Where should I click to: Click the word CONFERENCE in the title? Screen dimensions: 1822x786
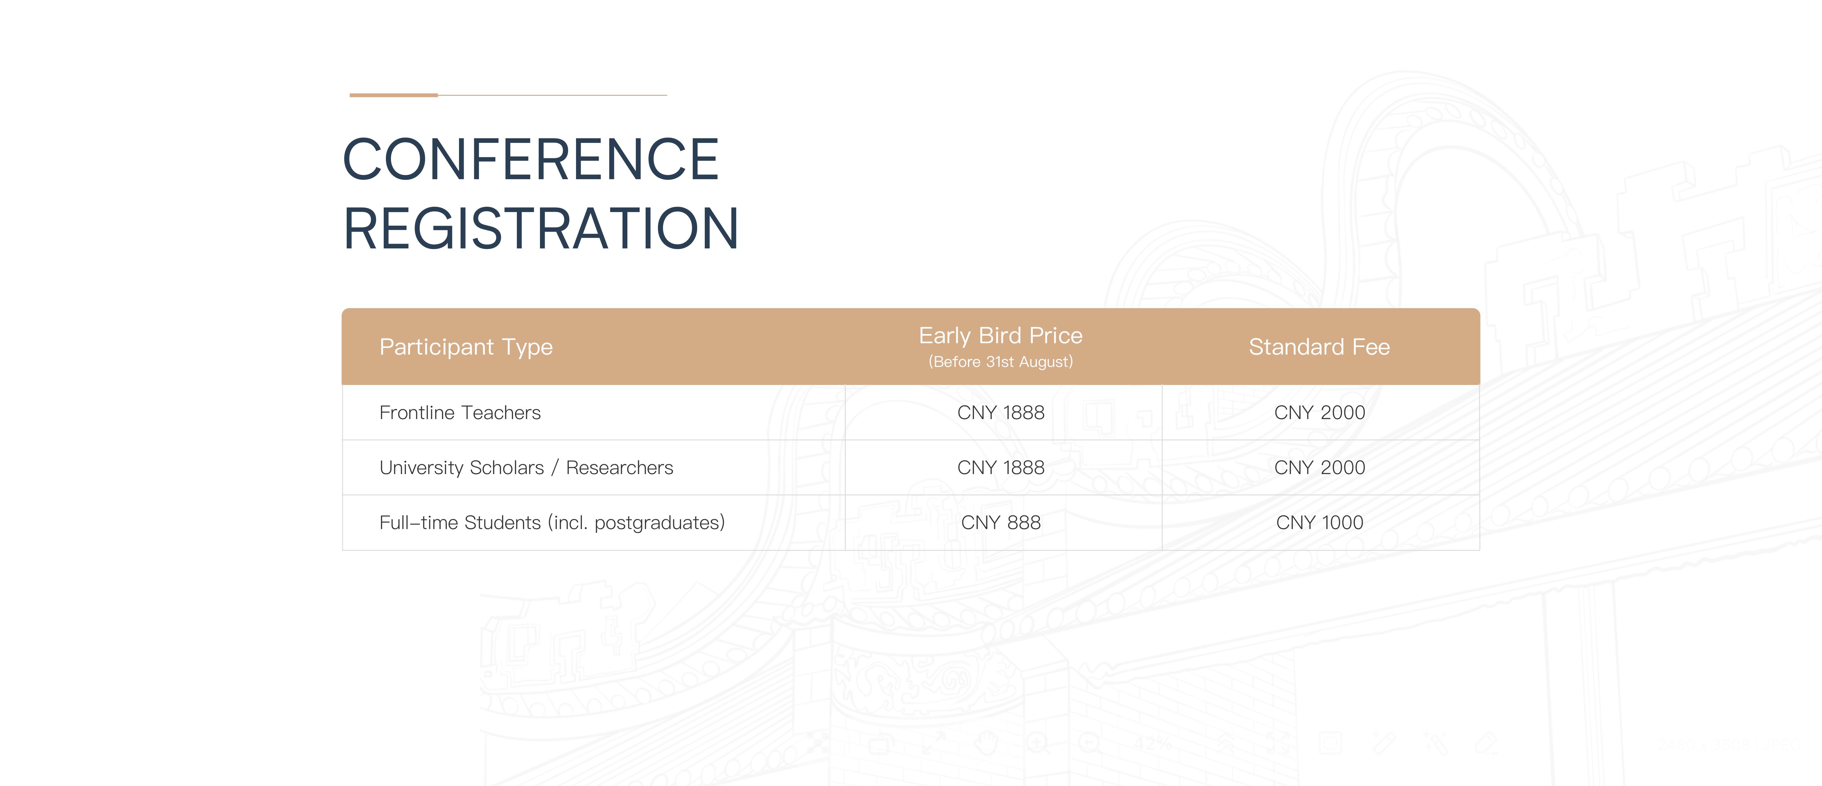[x=531, y=160]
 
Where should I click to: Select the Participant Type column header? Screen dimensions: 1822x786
[x=466, y=347]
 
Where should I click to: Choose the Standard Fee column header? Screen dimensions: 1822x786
[x=1319, y=347]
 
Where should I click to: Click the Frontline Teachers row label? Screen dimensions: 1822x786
[x=460, y=413]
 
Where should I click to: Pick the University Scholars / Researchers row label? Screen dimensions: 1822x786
[x=526, y=468]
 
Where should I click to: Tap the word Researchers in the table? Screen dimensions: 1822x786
[x=620, y=468]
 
